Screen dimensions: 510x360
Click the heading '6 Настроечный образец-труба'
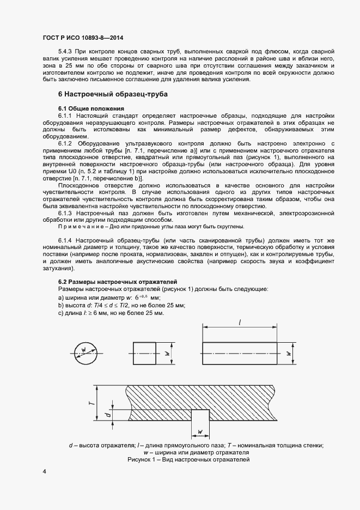(113, 94)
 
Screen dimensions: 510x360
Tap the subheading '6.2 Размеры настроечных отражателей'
(117, 281)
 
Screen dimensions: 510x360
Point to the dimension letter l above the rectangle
(240, 323)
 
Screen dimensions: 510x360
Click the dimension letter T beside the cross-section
(92, 404)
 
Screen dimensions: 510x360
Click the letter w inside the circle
(83, 349)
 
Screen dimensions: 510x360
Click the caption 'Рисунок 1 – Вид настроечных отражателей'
(188, 460)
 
